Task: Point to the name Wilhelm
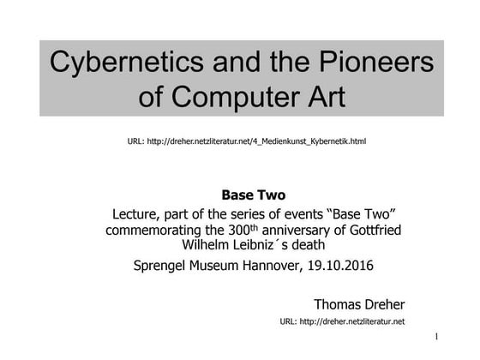(x=200, y=245)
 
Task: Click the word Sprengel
(x=165, y=266)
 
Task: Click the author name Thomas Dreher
(x=359, y=303)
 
